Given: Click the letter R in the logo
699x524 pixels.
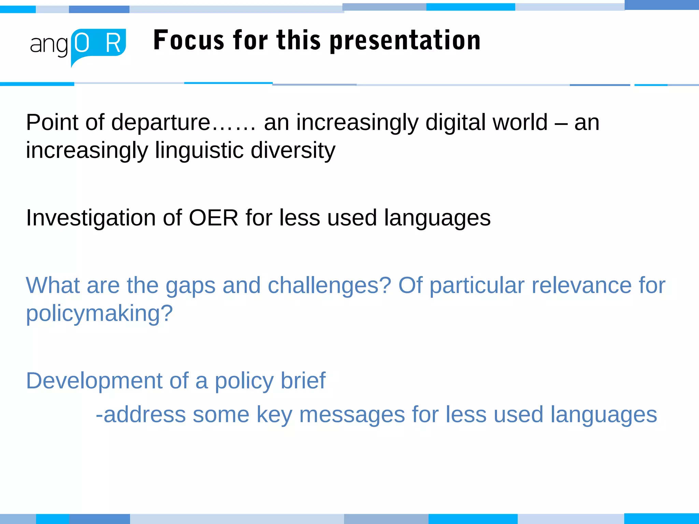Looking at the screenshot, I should pos(113,44).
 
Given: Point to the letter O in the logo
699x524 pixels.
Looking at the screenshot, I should pos(82,43).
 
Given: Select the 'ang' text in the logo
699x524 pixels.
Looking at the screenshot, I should pos(49,45).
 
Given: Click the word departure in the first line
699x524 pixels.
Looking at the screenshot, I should pos(160,122).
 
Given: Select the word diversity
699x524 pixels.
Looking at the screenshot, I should pos(293,150).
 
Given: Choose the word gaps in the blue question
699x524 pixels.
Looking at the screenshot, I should pos(190,286).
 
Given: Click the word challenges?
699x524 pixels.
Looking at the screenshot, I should pos(329,286).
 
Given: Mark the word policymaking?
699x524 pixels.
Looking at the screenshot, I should pos(99,314).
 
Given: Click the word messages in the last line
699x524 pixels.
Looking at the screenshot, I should pos(352,415).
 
